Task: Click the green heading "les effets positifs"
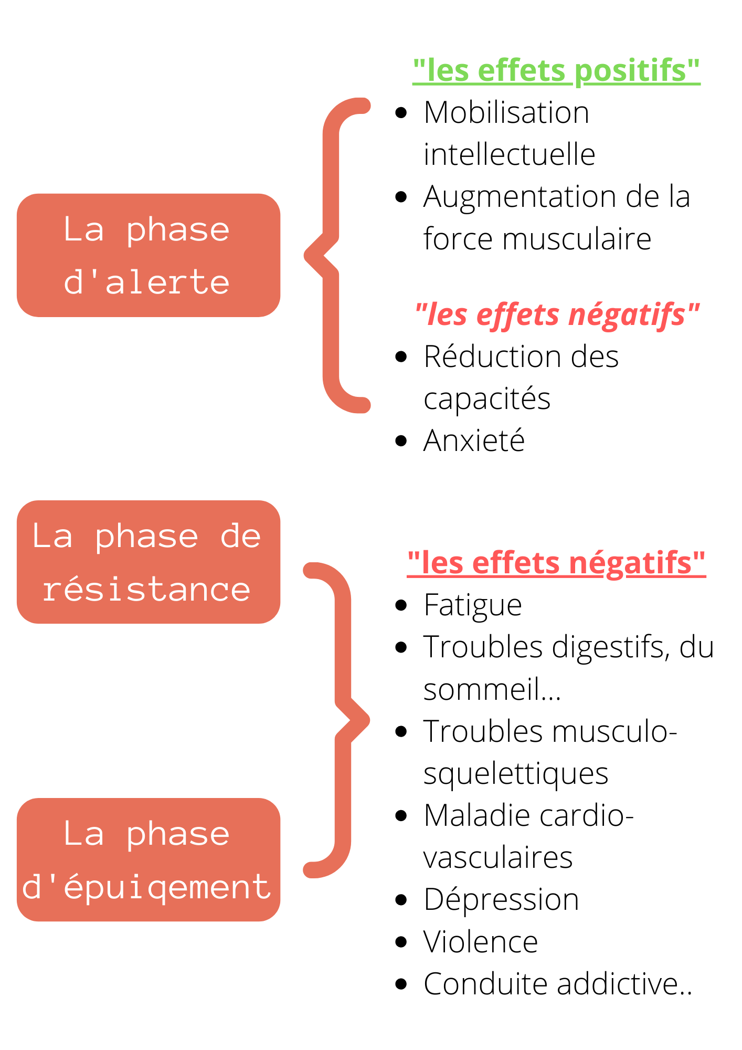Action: (x=556, y=71)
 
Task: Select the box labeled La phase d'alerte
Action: (x=149, y=255)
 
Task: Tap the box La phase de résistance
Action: (x=149, y=562)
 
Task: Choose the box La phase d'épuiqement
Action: (x=149, y=859)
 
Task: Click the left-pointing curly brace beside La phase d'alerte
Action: (x=331, y=256)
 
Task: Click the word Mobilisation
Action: (x=506, y=112)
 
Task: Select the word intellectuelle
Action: (x=510, y=154)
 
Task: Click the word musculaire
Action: (x=577, y=239)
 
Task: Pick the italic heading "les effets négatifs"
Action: (x=557, y=315)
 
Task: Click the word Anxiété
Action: (x=474, y=440)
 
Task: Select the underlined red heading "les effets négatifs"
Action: (x=556, y=563)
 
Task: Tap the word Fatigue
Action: (x=473, y=605)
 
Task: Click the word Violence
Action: (x=481, y=942)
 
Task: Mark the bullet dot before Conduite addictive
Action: (x=401, y=984)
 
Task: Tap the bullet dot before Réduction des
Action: (x=401, y=357)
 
